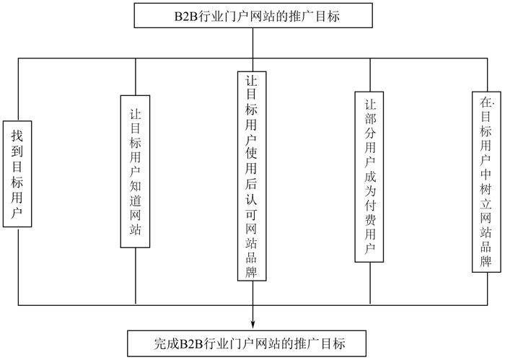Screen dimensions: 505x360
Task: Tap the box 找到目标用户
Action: tap(17, 173)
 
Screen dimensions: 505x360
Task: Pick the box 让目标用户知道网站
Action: tap(135, 172)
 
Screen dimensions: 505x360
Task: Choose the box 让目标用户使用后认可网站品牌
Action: tap(252, 175)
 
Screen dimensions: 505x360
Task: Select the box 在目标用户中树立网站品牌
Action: tap(486, 181)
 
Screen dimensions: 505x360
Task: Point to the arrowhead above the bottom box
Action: tap(253, 324)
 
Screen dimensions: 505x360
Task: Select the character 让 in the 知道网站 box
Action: tap(135, 113)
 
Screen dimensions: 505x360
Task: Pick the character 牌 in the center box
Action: tap(252, 272)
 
